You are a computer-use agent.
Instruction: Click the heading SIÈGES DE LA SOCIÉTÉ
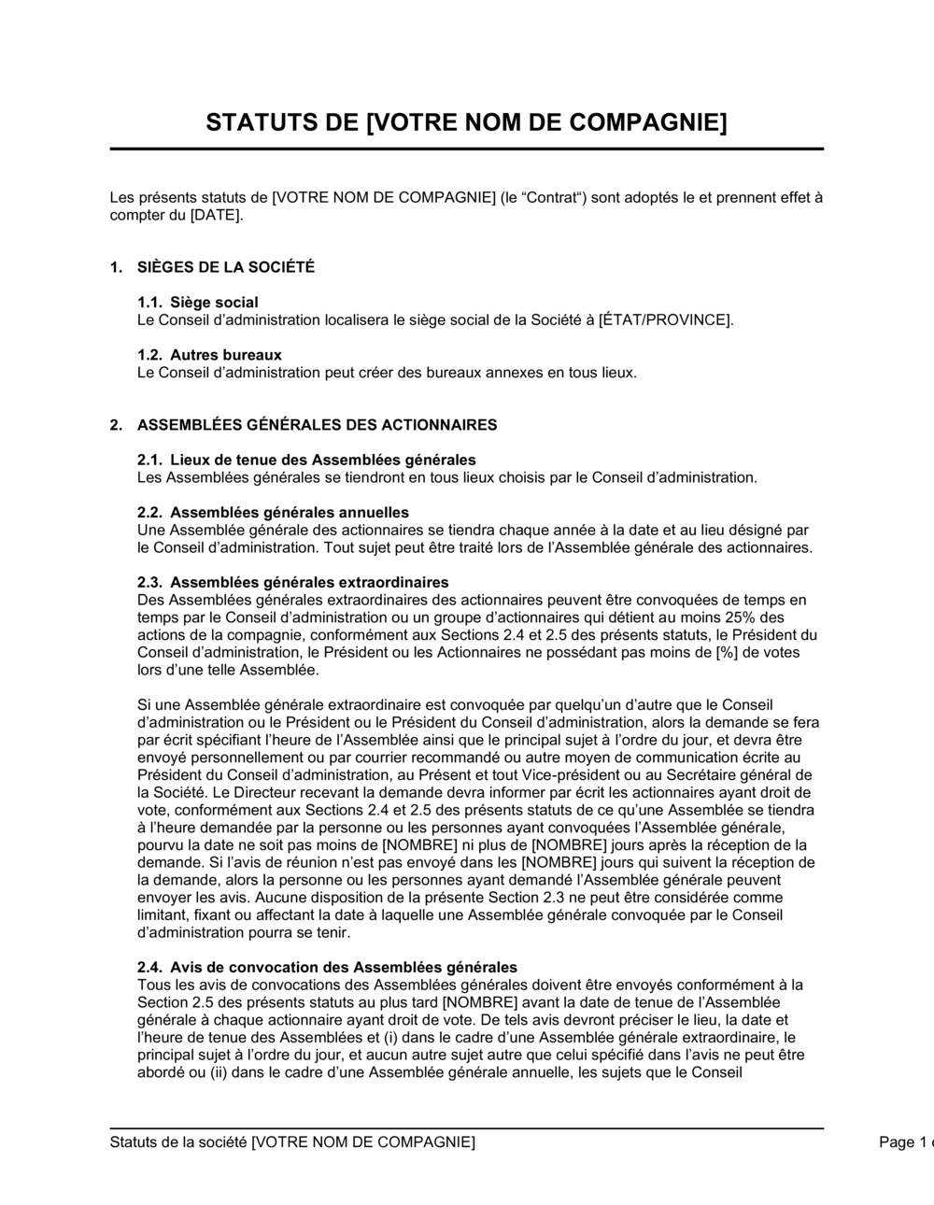coord(225,267)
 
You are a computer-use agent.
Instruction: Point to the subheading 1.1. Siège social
coord(198,303)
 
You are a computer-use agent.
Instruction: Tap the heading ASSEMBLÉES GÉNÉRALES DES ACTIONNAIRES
coord(317,425)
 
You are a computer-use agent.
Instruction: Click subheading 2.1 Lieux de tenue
coord(306,460)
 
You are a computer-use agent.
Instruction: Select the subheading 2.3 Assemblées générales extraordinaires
coord(292,582)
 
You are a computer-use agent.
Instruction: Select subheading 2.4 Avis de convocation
coord(327,967)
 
